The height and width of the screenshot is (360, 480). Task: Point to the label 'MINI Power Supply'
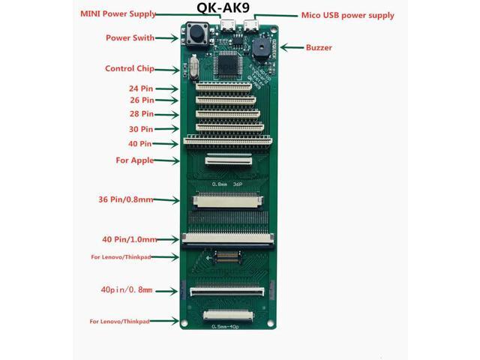pyautogui.click(x=118, y=14)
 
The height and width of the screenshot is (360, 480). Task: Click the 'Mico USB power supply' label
pyautogui.click(x=347, y=15)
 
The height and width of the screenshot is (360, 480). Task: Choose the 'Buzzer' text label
pyautogui.click(x=319, y=48)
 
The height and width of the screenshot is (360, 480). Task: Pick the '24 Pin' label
pyautogui.click(x=140, y=87)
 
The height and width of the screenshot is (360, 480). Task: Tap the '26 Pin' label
pyautogui.click(x=140, y=100)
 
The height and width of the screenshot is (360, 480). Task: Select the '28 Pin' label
pyautogui.click(x=140, y=114)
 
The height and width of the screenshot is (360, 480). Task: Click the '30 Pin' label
pyautogui.click(x=140, y=128)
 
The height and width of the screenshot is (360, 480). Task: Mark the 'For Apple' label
pyautogui.click(x=134, y=160)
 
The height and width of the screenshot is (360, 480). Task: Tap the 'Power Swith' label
pyautogui.click(x=130, y=37)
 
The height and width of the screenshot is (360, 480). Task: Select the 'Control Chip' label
pyautogui.click(x=129, y=69)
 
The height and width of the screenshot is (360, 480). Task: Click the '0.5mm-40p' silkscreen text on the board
pyautogui.click(x=229, y=326)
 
